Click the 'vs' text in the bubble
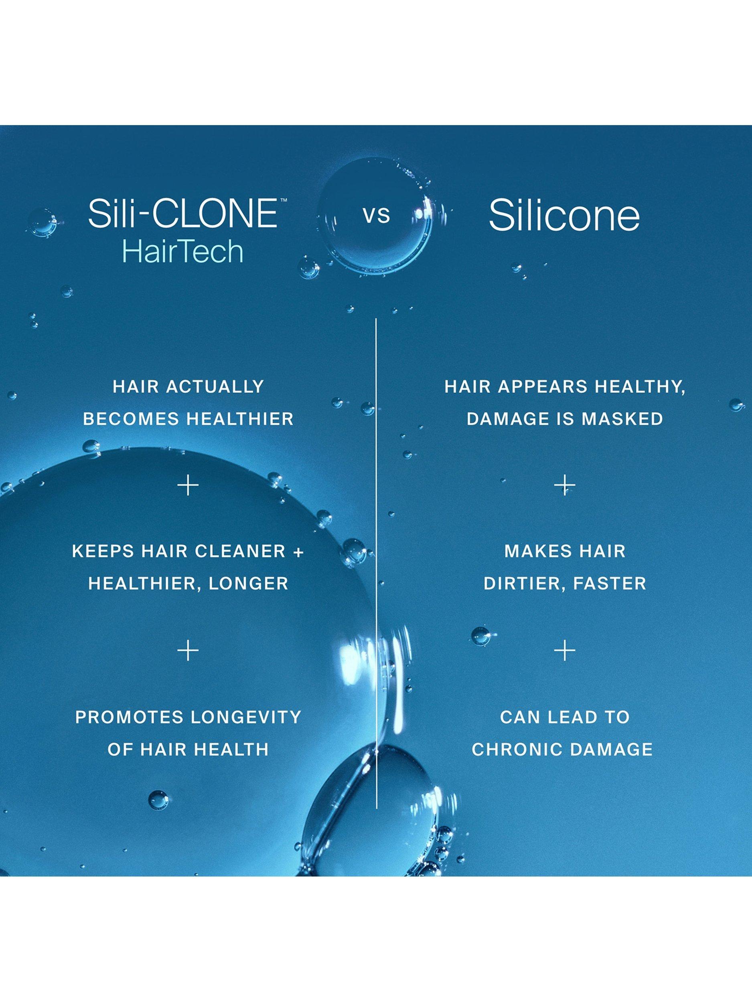pyautogui.click(x=376, y=216)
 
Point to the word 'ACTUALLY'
pyautogui.click(x=216, y=386)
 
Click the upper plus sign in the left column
pyautogui.click(x=188, y=486)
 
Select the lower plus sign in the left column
pyautogui.click(x=188, y=651)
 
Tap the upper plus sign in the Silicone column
pyautogui.click(x=565, y=486)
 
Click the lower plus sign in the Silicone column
pyautogui.click(x=565, y=651)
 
